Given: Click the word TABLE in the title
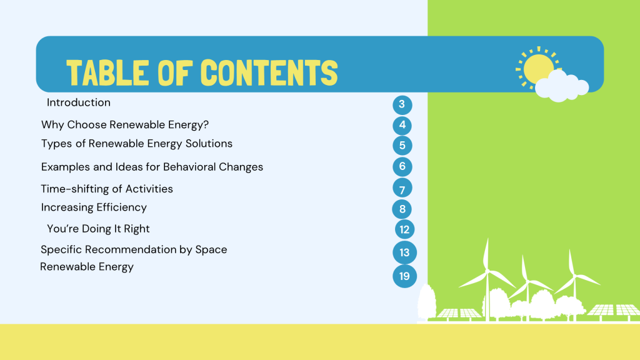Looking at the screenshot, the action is [107, 72].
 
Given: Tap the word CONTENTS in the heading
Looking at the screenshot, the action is [269, 72].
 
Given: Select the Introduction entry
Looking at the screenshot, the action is [78, 102].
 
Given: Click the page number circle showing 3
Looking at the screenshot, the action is [402, 104].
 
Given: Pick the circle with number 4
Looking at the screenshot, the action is [402, 125].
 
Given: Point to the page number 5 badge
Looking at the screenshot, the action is [402, 145].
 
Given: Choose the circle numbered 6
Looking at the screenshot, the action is [402, 166].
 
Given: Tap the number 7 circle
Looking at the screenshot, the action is [402, 188].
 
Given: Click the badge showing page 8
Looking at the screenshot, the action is [402, 209].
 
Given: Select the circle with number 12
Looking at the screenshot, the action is [404, 229].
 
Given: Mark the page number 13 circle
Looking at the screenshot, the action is [404, 252].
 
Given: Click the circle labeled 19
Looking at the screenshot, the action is [404, 276].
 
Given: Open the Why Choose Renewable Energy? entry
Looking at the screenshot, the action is [125, 125].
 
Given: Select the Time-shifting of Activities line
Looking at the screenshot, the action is [107, 189].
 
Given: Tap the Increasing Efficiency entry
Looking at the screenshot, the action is [94, 207].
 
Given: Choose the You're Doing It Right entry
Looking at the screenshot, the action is [98, 229].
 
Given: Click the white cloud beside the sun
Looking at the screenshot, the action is [562, 86].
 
